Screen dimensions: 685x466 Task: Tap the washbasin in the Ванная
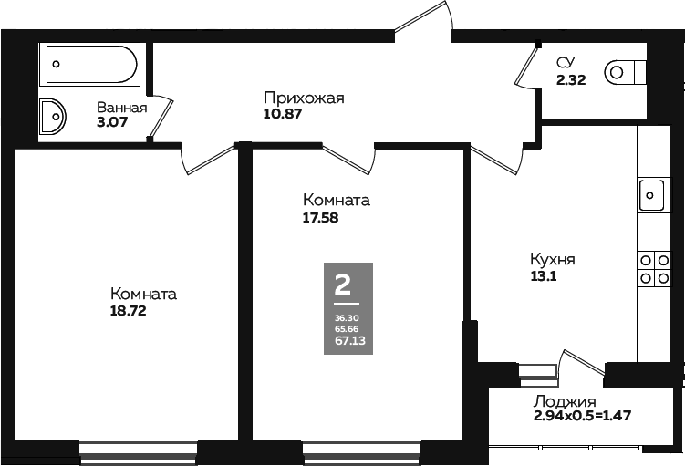point(52,116)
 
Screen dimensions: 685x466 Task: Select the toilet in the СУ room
point(625,72)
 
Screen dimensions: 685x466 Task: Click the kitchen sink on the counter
point(651,195)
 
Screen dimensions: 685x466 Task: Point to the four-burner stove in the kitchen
point(654,269)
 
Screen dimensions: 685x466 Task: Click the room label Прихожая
point(304,98)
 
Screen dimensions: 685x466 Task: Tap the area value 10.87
point(283,114)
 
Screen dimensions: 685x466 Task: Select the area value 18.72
point(128,311)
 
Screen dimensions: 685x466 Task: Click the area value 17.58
point(320,217)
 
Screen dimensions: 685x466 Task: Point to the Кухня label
point(552,259)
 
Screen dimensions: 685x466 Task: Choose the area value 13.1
point(543,276)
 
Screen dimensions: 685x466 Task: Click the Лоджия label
point(565,401)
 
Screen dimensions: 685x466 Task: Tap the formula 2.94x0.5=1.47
point(582,415)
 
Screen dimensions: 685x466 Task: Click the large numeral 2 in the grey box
point(343,284)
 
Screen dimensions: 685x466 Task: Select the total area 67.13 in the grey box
point(350,341)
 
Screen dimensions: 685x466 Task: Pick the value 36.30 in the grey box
point(347,318)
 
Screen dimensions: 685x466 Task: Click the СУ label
point(566,63)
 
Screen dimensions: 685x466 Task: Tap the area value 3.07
point(112,122)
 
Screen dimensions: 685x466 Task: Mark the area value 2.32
point(571,80)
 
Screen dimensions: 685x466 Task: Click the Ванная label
point(122,108)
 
